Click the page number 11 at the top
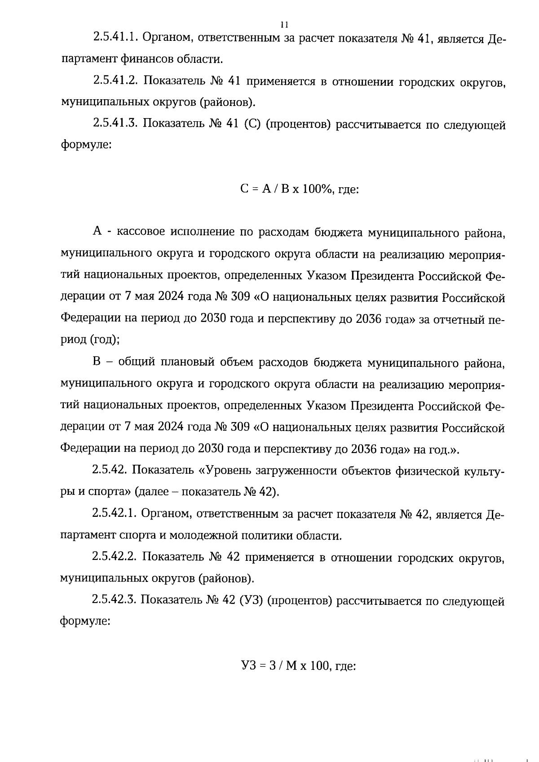pyautogui.click(x=284, y=25)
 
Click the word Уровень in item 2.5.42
pyautogui.click(x=226, y=470)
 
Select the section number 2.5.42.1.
pyautogui.click(x=114, y=514)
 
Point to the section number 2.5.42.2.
pyautogui.click(x=114, y=557)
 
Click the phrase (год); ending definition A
pyautogui.click(x=105, y=340)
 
